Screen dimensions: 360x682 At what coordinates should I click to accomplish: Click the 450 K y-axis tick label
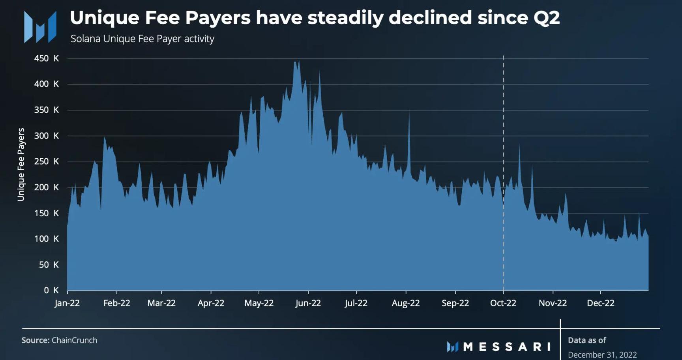point(46,58)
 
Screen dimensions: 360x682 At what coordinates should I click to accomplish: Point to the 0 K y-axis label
point(51,291)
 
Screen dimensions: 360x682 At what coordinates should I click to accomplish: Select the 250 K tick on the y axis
point(46,161)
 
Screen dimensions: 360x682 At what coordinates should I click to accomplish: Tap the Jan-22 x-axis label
point(67,303)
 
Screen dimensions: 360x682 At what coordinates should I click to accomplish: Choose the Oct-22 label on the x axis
point(503,303)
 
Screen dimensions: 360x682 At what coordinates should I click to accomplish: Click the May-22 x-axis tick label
point(259,303)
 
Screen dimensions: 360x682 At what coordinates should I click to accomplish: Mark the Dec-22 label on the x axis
point(600,303)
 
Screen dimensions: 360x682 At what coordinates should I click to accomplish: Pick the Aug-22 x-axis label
point(406,303)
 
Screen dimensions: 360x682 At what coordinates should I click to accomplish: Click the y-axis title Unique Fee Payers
point(21,164)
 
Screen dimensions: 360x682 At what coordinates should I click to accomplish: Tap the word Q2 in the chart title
point(546,18)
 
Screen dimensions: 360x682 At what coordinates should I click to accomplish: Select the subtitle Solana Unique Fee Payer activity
point(142,39)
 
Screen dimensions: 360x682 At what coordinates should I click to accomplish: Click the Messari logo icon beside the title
point(40,27)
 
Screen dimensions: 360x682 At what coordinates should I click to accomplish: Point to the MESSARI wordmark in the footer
point(507,347)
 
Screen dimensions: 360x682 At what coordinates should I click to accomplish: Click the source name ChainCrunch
point(74,340)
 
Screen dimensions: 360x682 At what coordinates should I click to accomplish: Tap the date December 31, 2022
point(602,354)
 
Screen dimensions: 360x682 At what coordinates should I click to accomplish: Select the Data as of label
point(586,340)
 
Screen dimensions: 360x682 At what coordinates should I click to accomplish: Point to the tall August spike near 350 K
point(409,112)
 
